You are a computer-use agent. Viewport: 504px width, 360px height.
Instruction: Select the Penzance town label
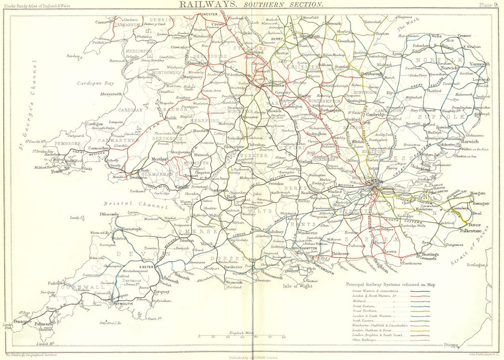tap(22, 321)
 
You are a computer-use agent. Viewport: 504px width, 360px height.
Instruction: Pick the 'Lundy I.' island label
tap(76, 217)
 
